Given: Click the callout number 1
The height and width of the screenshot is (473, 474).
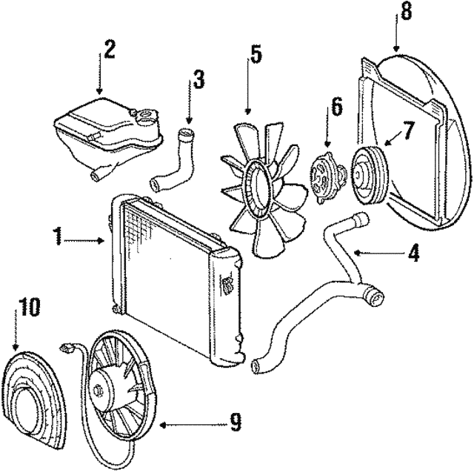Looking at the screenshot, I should [x=57, y=238].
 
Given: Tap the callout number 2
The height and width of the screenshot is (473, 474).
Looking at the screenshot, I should [x=110, y=51].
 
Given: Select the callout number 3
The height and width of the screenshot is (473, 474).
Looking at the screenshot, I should [x=199, y=80].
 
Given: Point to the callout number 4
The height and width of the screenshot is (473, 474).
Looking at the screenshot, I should [x=414, y=255].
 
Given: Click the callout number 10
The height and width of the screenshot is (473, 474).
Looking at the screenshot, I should [x=27, y=306].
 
